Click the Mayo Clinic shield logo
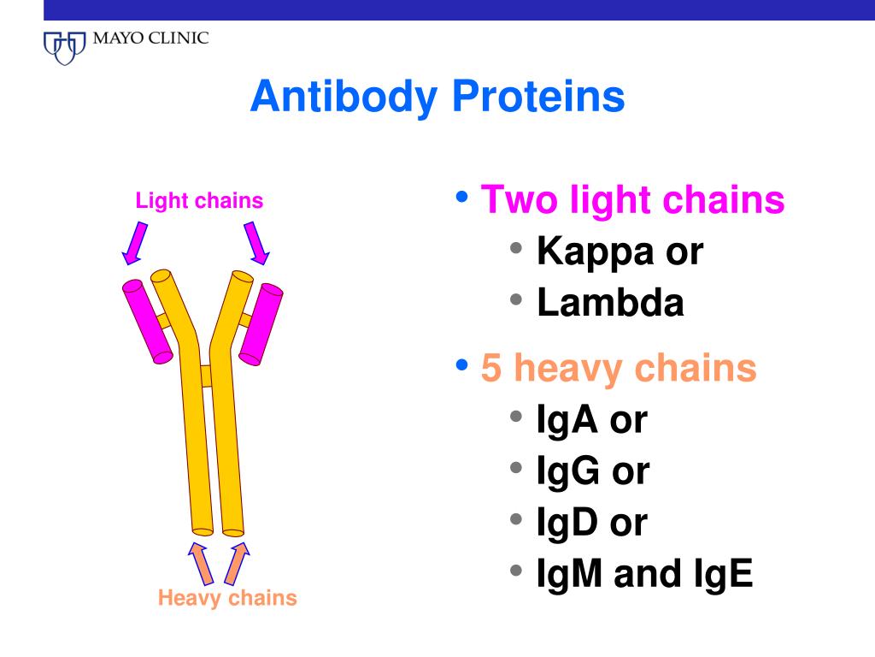pyautogui.click(x=65, y=48)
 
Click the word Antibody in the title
pyautogui.click(x=344, y=98)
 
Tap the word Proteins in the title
pyautogui.click(x=538, y=96)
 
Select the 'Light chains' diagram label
pyautogui.click(x=199, y=200)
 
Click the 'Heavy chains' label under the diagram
pyautogui.click(x=227, y=598)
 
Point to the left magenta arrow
pyautogui.click(x=135, y=243)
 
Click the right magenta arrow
pyautogui.click(x=256, y=243)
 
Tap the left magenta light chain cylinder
pyautogui.click(x=147, y=322)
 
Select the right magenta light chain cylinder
pyautogui.click(x=261, y=324)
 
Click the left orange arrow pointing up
pyautogui.click(x=201, y=563)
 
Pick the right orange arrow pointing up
pyautogui.click(x=237, y=563)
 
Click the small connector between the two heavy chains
pyautogui.click(x=206, y=376)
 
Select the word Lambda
pyautogui.click(x=610, y=303)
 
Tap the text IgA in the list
pyautogui.click(x=567, y=419)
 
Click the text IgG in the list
pyautogui.click(x=567, y=471)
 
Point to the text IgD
pyautogui.click(x=567, y=523)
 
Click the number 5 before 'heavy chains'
pyautogui.click(x=491, y=368)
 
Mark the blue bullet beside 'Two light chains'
pyautogui.click(x=461, y=197)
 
